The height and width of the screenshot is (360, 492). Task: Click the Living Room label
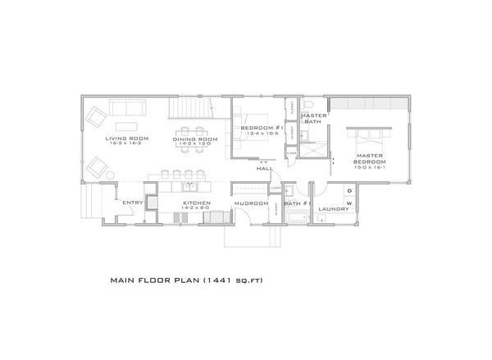tap(126, 139)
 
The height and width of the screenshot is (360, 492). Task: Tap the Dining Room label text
tap(195, 139)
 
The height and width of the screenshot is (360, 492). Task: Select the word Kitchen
tap(197, 203)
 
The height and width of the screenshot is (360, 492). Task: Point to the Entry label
tap(133, 203)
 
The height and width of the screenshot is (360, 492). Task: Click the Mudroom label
tap(251, 203)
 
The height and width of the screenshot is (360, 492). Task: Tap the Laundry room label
tap(334, 208)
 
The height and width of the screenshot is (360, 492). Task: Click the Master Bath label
tap(314, 119)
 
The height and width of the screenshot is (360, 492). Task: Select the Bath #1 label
tap(295, 203)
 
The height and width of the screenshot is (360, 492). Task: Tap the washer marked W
tap(348, 203)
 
